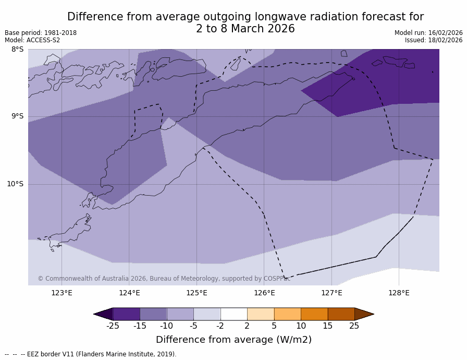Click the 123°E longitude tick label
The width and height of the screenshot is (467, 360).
tap(62, 293)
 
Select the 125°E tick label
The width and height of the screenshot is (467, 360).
tap(196, 293)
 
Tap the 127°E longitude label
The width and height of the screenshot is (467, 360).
tap(331, 293)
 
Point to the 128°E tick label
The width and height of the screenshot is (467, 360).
tap(399, 293)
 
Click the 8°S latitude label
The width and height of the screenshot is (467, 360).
tap(17, 50)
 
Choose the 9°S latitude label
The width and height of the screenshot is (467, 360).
tap(17, 116)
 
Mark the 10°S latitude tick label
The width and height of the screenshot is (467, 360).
tap(15, 184)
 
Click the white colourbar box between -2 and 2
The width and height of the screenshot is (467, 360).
tap(233, 314)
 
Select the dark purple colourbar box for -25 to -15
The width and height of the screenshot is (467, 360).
tap(126, 314)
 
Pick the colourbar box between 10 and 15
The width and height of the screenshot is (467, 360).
tap(314, 314)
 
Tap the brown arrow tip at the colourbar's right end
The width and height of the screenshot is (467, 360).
tap(365, 314)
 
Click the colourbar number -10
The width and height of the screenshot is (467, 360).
tap(166, 326)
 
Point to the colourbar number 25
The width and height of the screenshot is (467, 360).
tap(354, 326)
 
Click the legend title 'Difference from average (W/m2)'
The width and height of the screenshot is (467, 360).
tap(233, 340)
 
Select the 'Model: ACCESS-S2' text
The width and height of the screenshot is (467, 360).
tap(32, 40)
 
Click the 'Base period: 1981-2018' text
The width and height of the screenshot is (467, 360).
tap(41, 33)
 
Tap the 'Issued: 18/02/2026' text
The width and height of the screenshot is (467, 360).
tap(434, 40)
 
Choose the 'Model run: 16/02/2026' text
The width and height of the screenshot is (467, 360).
tap(428, 33)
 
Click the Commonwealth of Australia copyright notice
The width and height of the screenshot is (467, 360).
tap(164, 279)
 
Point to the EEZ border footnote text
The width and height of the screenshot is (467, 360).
tap(91, 354)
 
